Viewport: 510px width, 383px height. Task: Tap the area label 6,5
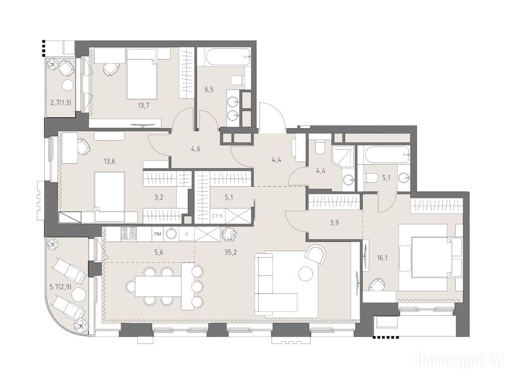coord(209,89)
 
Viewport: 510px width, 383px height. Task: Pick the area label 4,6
coord(196,150)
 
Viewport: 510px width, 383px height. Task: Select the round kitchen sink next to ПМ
coord(171,233)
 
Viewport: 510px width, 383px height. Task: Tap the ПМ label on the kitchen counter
coord(157,234)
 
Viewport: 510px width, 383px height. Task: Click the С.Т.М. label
coord(218,216)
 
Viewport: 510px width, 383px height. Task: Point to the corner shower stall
coord(343,156)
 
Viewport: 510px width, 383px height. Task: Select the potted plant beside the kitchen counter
coord(229,234)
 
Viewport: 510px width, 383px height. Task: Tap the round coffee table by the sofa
coord(306,273)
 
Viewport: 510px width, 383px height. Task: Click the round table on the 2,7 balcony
coord(68,85)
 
